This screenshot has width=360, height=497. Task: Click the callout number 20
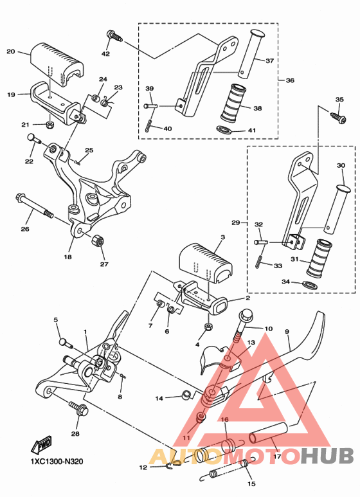(x=11, y=51)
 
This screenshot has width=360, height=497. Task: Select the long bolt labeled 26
(x=35, y=206)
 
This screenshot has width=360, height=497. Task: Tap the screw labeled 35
(x=336, y=116)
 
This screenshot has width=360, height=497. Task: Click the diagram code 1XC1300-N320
(x=56, y=461)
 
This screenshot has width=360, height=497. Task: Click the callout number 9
(x=288, y=332)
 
